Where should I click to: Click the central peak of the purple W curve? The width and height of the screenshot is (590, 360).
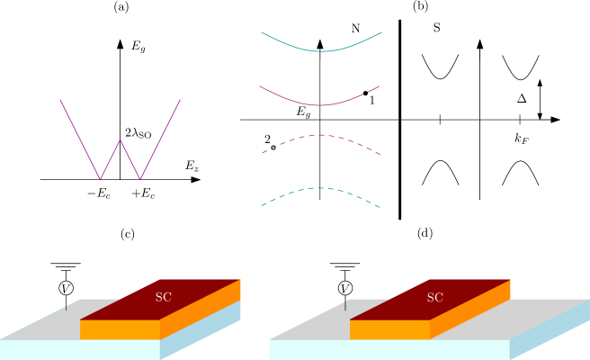(121, 140)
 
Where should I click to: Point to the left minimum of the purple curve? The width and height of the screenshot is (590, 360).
(100, 178)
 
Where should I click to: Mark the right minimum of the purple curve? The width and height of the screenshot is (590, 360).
(140, 178)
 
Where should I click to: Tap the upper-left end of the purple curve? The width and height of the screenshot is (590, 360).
(60, 100)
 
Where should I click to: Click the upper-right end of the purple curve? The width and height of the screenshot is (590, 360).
(180, 100)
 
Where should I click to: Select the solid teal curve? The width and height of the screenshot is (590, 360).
(322, 50)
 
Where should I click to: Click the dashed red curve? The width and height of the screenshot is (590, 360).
(321, 135)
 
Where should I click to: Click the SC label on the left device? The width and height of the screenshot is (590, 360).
(164, 297)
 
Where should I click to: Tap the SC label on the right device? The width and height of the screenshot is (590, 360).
(435, 297)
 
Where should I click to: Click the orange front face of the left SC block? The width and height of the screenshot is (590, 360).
(120, 329)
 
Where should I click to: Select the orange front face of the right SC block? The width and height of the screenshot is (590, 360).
(389, 329)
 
